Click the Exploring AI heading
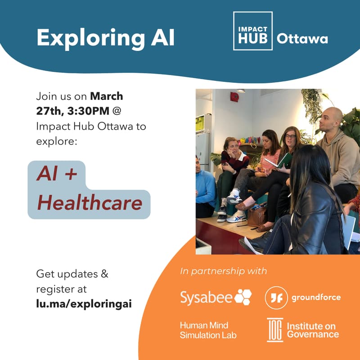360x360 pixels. pyautogui.click(x=105, y=37)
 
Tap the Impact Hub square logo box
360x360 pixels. pyautogui.click(x=252, y=31)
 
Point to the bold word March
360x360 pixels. pyautogui.click(x=107, y=96)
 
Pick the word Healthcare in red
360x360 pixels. pyautogui.click(x=90, y=204)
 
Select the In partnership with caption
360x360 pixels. pyautogui.click(x=223, y=271)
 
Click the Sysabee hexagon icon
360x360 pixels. pyautogui.click(x=243, y=297)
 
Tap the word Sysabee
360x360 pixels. pyautogui.click(x=206, y=297)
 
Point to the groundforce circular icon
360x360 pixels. pyautogui.click(x=276, y=297)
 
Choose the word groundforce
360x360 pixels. pyautogui.click(x=316, y=297)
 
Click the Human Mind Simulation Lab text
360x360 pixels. pyautogui.click(x=208, y=330)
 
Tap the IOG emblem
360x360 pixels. pyautogui.click(x=274, y=330)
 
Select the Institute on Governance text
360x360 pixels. pyautogui.click(x=313, y=330)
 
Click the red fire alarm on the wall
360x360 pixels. pyautogui.click(x=234, y=97)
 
